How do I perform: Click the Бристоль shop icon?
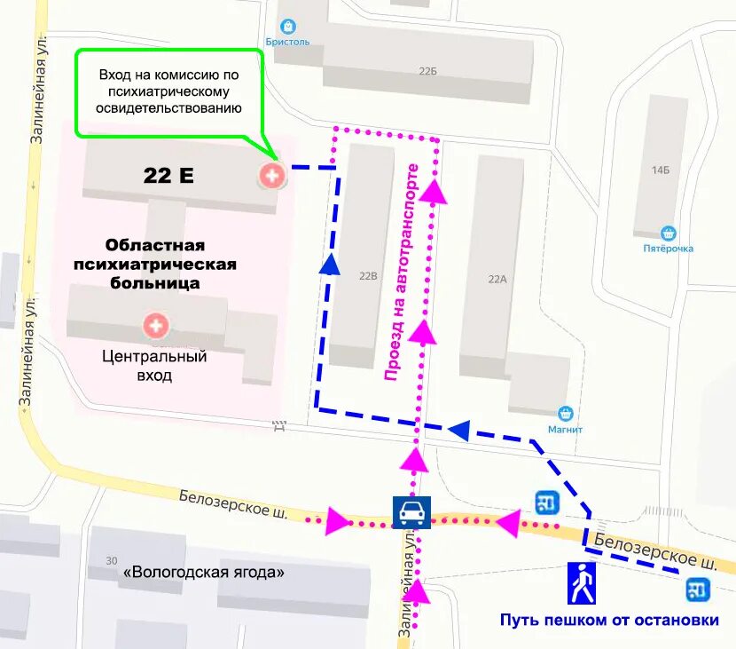click(287, 27)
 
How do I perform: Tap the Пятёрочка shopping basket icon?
click(669, 233)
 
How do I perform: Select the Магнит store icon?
click(565, 414)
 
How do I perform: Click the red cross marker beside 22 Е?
click(271, 175)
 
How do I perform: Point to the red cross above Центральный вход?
click(156, 326)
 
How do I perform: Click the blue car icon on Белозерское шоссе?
click(411, 512)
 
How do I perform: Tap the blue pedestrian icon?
click(582, 583)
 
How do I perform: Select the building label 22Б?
click(427, 71)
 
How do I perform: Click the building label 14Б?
click(660, 169)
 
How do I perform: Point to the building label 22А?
click(497, 279)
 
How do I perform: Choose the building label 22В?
click(368, 276)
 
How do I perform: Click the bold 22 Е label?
click(168, 175)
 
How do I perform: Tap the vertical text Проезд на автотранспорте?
click(401, 273)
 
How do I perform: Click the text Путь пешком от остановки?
click(608, 620)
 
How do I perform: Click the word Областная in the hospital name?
click(155, 244)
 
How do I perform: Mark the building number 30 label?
click(112, 560)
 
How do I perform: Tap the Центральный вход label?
click(154, 366)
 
